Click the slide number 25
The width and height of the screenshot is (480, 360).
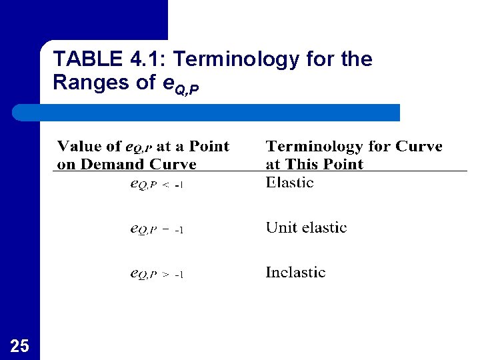[x=20, y=345]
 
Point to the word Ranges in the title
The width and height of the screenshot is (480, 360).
[x=84, y=83]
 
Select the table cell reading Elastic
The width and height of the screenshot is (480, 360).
[x=289, y=183]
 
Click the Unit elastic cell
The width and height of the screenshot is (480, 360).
[x=306, y=228]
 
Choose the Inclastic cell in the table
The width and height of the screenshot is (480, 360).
[x=295, y=273]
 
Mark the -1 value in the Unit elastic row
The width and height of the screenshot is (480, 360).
[x=179, y=231]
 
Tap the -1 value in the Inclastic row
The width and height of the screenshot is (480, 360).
[x=179, y=275]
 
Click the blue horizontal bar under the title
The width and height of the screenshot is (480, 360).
[x=220, y=112]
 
